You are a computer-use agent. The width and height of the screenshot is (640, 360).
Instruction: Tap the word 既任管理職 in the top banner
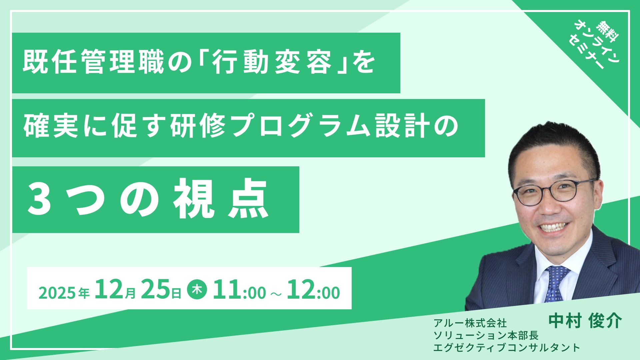pos(94,62)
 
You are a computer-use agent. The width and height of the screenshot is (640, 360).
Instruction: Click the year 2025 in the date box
pos(57,293)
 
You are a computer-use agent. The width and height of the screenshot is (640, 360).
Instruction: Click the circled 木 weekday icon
pos(197,289)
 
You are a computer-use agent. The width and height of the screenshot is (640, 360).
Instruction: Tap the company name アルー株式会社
pos(470,323)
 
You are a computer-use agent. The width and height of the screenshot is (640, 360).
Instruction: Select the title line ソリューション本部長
pos(486,335)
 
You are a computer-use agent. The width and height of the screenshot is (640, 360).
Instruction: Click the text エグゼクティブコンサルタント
pos(507,347)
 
